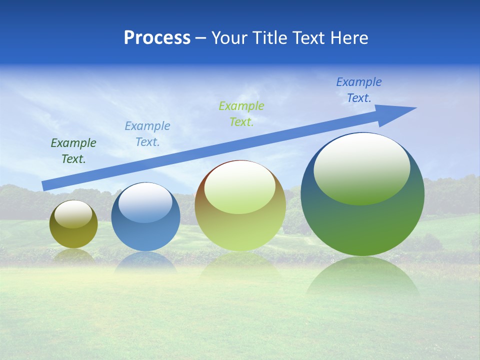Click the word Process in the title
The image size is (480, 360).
[x=157, y=38]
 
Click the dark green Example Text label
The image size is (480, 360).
[x=73, y=150]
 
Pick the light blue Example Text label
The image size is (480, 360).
[x=147, y=133]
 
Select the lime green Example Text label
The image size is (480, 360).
[x=241, y=113]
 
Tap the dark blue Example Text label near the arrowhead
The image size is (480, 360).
[x=359, y=90]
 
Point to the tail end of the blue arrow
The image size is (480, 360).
[x=46, y=185]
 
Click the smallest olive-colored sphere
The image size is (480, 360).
[x=73, y=235]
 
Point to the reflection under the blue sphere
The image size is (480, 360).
[x=145, y=262]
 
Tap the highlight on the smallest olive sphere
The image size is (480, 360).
[x=73, y=214]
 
